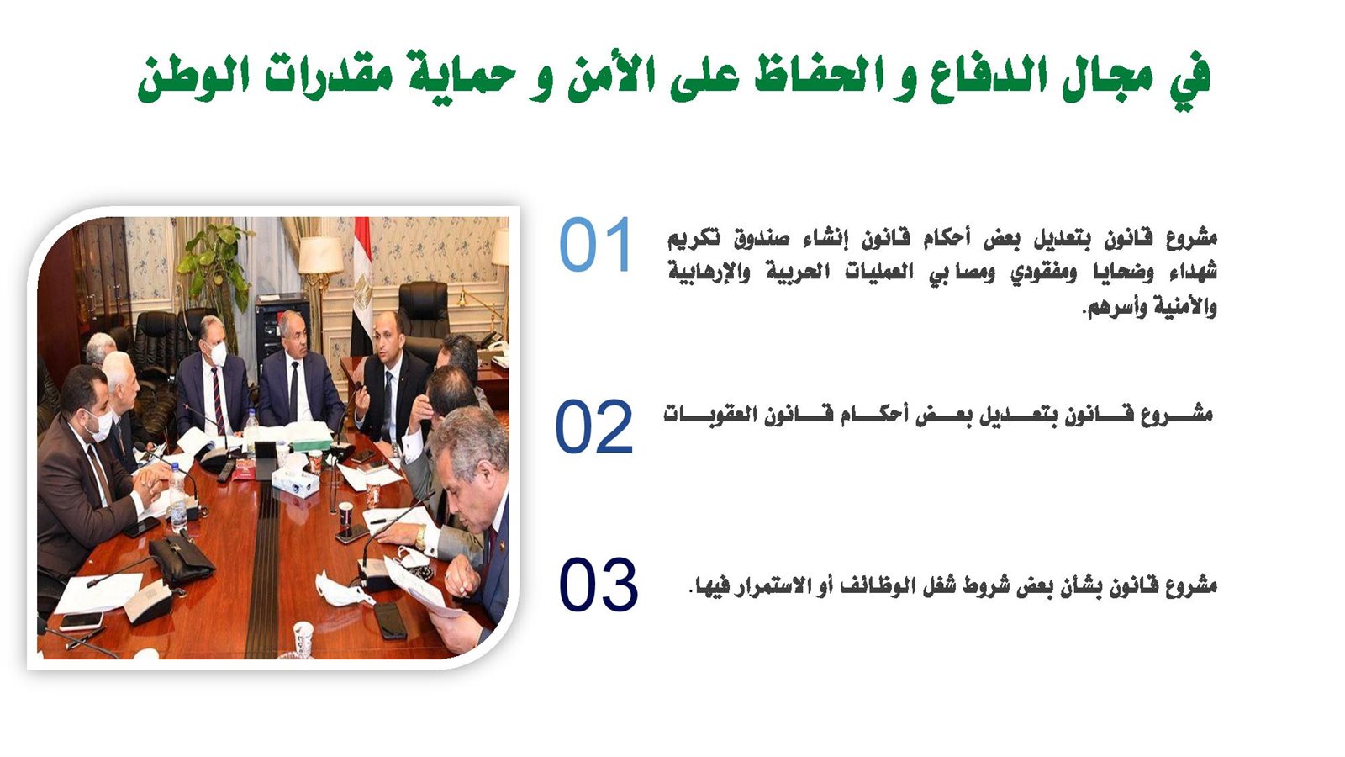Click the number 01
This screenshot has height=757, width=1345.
tap(596, 245)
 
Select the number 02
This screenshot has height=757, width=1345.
tap(593, 426)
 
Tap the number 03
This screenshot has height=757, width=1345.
tap(598, 584)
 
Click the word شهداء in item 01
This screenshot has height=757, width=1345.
tap(1189, 273)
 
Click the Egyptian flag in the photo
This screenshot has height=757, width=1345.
tap(362, 287)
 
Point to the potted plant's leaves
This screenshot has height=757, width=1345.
tap(214, 264)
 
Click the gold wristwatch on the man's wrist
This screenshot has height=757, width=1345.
tap(421, 537)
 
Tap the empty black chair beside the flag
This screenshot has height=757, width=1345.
tap(424, 310)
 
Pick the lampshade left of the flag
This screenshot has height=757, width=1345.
tap(321, 255)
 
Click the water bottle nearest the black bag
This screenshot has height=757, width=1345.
tap(177, 496)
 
